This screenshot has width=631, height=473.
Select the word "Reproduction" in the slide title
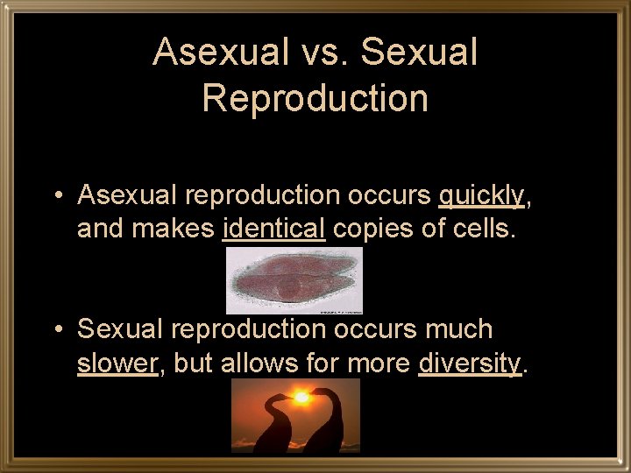(315, 98)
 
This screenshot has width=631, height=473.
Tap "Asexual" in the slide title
(220, 53)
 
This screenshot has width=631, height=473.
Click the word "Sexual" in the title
(419, 53)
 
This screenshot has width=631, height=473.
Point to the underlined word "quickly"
(481, 195)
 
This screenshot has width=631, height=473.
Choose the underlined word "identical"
(274, 229)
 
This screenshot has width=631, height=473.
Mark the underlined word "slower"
(117, 363)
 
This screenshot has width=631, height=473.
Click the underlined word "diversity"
(470, 363)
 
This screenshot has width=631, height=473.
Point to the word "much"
(459, 329)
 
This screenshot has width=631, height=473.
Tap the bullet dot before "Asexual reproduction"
(57, 195)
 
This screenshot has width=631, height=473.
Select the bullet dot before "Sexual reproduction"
(57, 329)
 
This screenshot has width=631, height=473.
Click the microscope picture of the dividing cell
(294, 280)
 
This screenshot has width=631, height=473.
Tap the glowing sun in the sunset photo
(301, 397)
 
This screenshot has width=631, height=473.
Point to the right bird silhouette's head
(319, 393)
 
